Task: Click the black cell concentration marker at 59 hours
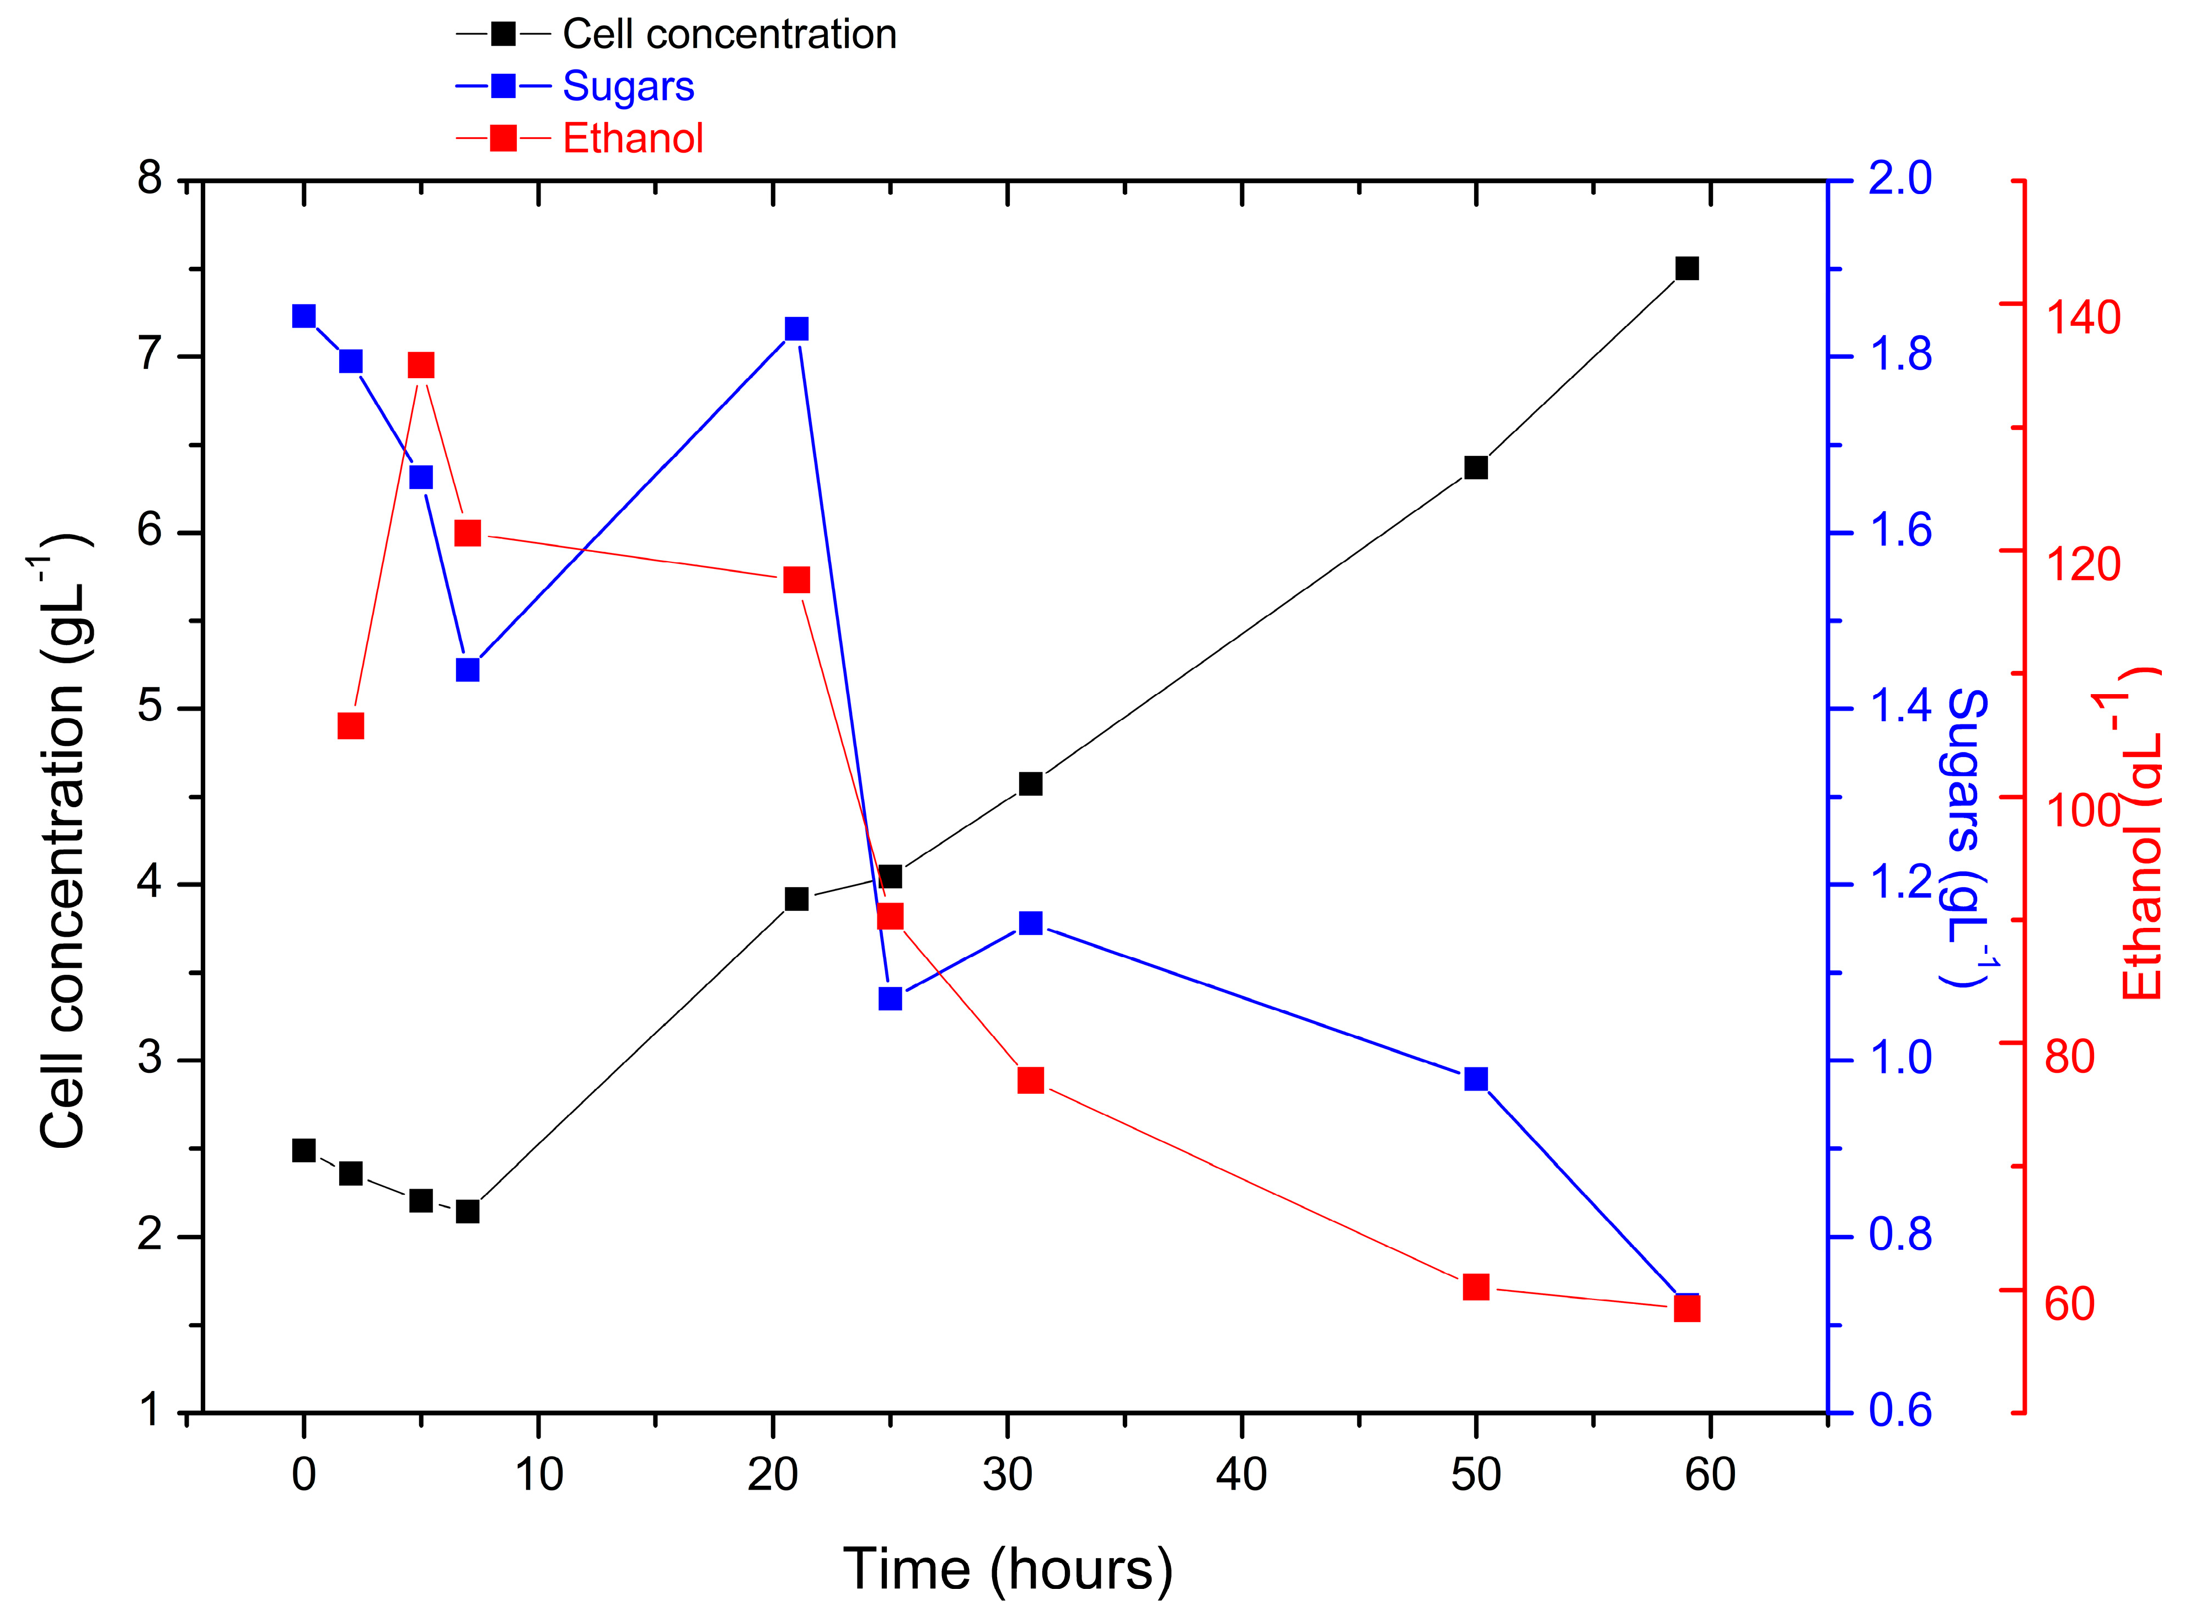(1686, 268)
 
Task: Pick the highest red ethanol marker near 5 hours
(420, 365)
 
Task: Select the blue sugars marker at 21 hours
(796, 328)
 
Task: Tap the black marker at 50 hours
(1475, 468)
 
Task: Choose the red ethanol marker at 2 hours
(351, 726)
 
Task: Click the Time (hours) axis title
(1008, 1568)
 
